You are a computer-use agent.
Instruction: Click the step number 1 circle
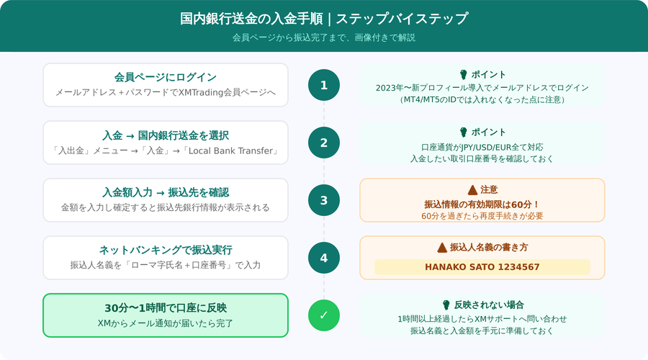point(323,85)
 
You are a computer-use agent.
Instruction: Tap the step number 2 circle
point(323,143)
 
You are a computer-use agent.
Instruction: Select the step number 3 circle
point(323,200)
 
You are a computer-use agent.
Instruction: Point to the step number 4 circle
point(323,258)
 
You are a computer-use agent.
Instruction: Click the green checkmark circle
point(323,315)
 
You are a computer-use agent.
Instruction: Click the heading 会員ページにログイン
point(166,77)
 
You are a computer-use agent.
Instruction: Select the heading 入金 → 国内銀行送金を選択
point(166,135)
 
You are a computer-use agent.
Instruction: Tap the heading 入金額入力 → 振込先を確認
point(166,192)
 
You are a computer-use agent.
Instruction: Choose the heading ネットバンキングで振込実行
point(166,250)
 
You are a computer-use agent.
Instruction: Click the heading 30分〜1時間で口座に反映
point(166,308)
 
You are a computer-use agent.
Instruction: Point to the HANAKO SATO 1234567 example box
point(482,267)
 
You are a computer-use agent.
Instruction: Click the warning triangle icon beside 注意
point(472,190)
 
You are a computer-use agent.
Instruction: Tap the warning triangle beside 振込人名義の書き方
point(442,248)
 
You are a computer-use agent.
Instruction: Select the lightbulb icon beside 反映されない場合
point(446,305)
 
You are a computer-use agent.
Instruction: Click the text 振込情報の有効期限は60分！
point(482,204)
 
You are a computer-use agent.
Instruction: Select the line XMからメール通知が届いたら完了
point(166,323)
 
